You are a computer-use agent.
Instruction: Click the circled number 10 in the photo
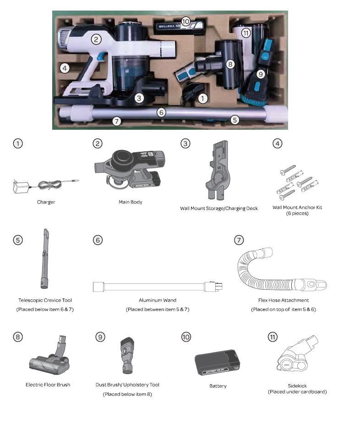(x=185, y=22)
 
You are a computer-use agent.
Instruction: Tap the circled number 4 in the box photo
(x=65, y=68)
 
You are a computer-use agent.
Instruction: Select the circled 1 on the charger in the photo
(x=202, y=99)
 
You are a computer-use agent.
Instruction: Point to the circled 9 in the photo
(x=261, y=74)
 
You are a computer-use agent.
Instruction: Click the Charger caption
(x=46, y=202)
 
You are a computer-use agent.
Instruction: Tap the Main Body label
(x=131, y=202)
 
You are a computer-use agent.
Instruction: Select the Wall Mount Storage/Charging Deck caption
(x=219, y=208)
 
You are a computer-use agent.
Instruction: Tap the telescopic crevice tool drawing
(x=45, y=259)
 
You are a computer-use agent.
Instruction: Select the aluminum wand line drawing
(x=158, y=287)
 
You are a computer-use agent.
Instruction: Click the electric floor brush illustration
(x=49, y=356)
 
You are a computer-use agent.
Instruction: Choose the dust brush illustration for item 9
(x=127, y=355)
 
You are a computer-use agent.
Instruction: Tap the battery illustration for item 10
(x=217, y=363)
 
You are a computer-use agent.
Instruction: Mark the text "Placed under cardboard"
(x=297, y=392)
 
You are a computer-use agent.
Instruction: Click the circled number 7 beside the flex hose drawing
(x=239, y=240)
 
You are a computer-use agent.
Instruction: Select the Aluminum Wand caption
(x=158, y=300)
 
